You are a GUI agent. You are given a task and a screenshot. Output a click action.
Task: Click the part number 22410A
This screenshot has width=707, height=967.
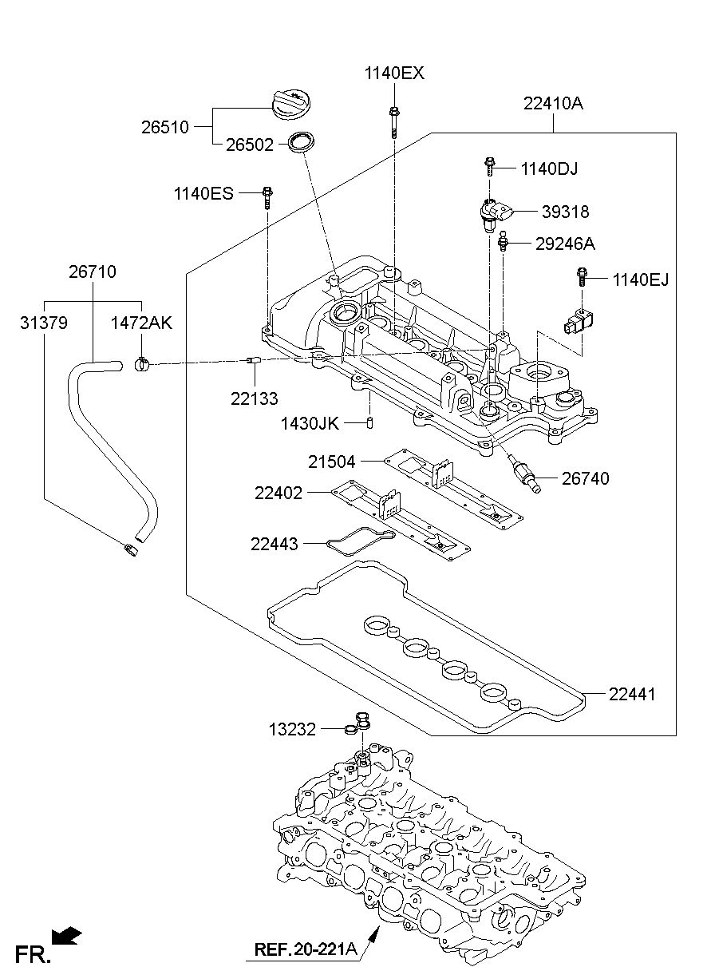pyautogui.click(x=553, y=104)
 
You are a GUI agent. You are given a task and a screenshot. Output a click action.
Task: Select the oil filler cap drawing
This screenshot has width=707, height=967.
pyautogui.click(x=293, y=105)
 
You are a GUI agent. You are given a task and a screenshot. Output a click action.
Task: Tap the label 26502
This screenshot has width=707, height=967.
pyautogui.click(x=250, y=145)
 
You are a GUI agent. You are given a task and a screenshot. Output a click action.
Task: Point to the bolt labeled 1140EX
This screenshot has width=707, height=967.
pyautogui.click(x=393, y=122)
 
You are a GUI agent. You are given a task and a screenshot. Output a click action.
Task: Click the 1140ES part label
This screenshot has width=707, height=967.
pyautogui.click(x=203, y=193)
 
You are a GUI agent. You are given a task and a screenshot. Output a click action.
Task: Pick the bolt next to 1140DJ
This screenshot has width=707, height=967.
pyautogui.click(x=489, y=167)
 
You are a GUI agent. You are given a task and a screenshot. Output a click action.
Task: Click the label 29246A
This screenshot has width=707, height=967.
pyautogui.click(x=565, y=244)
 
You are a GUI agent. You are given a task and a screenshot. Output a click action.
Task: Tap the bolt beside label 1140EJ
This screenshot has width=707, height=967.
pyautogui.click(x=582, y=278)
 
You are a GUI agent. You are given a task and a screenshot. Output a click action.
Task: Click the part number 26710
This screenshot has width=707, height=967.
pyautogui.click(x=93, y=272)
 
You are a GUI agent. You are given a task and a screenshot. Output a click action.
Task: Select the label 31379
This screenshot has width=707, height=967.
pyautogui.click(x=44, y=323)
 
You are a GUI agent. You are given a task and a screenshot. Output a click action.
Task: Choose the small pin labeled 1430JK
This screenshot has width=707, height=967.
pyautogui.click(x=369, y=422)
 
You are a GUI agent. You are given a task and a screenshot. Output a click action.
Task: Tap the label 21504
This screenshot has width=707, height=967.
pyautogui.click(x=331, y=462)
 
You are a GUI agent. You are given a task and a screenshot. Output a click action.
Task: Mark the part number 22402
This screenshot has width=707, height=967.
pyautogui.click(x=278, y=493)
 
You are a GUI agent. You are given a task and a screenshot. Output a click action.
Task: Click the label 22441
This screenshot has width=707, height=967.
pyautogui.click(x=632, y=694)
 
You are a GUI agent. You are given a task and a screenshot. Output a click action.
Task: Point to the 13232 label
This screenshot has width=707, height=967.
pyautogui.click(x=292, y=730)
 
